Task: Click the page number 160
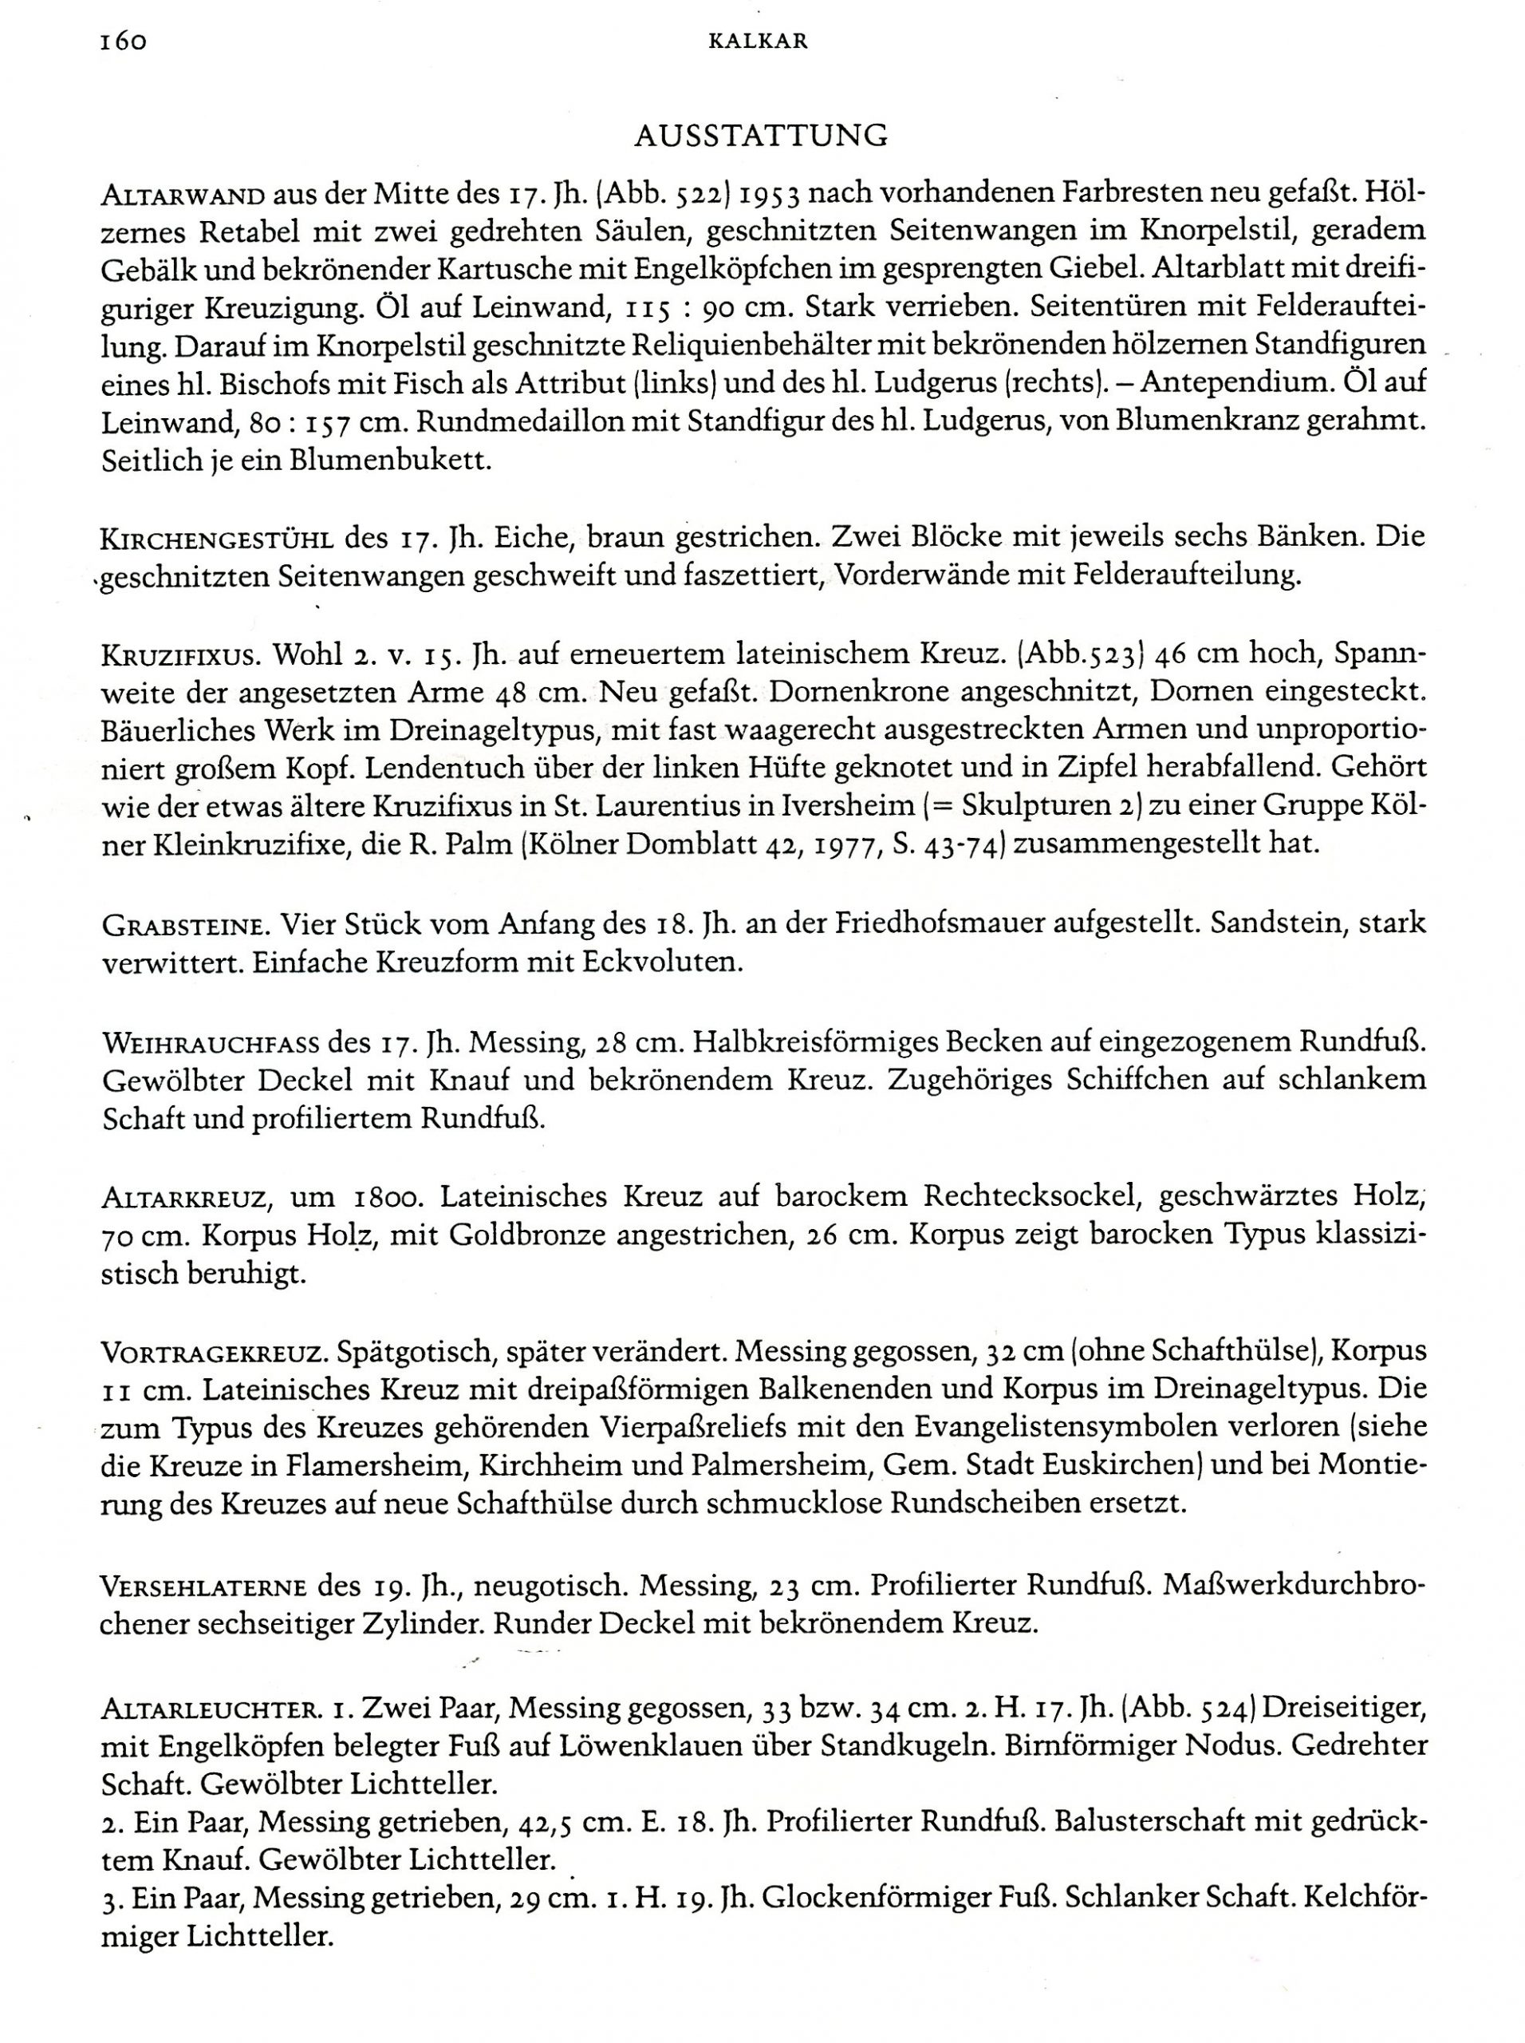tap(123, 41)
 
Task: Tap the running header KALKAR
tap(762, 41)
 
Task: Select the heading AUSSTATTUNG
tap(762, 136)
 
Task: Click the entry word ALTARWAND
tap(184, 196)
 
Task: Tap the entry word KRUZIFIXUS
tap(181, 656)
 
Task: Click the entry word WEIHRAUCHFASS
tap(207, 1044)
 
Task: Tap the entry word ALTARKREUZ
tap(184, 1199)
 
